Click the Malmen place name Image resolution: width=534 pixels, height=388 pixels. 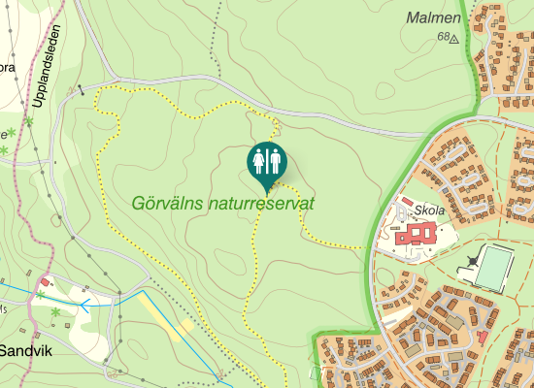pyautogui.click(x=432, y=17)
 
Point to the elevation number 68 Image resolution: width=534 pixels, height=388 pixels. pyautogui.click(x=444, y=37)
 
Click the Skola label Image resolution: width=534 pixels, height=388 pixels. pyautogui.click(x=428, y=210)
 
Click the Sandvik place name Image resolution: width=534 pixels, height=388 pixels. pyautogui.click(x=25, y=350)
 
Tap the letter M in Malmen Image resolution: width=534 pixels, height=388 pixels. pyautogui.click(x=413, y=17)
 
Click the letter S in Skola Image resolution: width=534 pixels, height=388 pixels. pyautogui.click(x=417, y=210)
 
